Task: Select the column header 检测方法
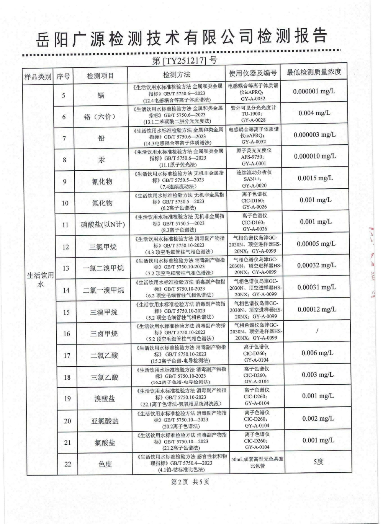tap(177, 75)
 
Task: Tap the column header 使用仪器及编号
tap(253, 73)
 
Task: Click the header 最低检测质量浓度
tap(314, 72)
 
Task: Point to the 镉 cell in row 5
tap(101, 95)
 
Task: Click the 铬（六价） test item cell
tap(100, 117)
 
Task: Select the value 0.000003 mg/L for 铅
tap(314, 135)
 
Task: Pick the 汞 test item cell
tap(101, 160)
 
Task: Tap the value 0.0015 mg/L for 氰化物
tap(315, 178)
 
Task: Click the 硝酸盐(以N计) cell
tap(103, 225)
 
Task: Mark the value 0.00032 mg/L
tap(316, 265)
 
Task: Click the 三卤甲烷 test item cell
tap(104, 334)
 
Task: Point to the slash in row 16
tap(318, 331)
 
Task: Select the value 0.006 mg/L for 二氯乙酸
tap(318, 353)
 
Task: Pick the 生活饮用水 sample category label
tap(40, 280)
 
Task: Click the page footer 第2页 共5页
tap(190, 482)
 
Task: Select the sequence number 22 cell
tap(68, 464)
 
